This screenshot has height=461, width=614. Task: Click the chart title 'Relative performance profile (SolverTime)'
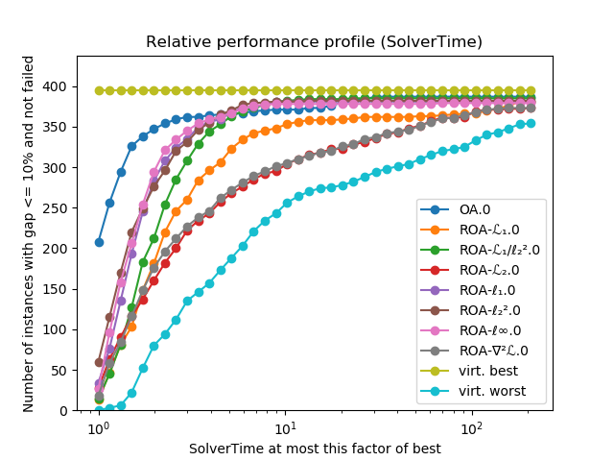pyautogui.click(x=314, y=42)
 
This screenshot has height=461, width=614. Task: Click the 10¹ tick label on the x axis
pyautogui.click(x=285, y=428)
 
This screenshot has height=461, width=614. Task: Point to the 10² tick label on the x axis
pyautogui.click(x=471, y=428)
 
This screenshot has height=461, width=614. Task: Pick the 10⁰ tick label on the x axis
pyautogui.click(x=98, y=428)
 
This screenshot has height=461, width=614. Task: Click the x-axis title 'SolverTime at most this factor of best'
pyautogui.click(x=315, y=449)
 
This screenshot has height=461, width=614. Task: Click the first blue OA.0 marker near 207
pyautogui.click(x=99, y=242)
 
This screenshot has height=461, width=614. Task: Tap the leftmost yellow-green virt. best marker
pyautogui.click(x=99, y=90)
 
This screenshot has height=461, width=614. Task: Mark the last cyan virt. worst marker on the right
pyautogui.click(x=531, y=123)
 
